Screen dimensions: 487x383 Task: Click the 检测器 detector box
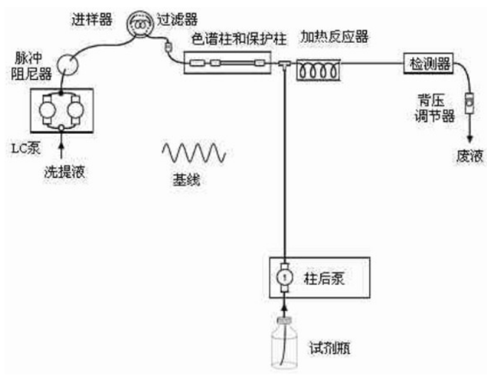[429, 64]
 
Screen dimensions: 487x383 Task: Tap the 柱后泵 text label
[324, 278]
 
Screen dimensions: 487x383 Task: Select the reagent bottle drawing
[284, 343]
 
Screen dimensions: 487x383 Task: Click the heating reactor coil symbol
[319, 70]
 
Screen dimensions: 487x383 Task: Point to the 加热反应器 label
[334, 37]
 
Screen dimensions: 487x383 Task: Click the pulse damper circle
[67, 64]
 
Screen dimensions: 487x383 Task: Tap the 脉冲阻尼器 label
[32, 66]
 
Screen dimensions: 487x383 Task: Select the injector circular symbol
[140, 23]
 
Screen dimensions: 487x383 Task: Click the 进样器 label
[92, 20]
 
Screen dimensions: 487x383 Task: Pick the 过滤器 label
[177, 19]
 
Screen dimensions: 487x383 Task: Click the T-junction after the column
[284, 64]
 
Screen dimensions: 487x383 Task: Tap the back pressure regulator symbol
[470, 103]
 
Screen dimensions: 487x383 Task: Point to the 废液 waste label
[470, 155]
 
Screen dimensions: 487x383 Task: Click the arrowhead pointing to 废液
[470, 138]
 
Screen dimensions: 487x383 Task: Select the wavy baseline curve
[194, 153]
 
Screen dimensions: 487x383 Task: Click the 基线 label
[186, 179]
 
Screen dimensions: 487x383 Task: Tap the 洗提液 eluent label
[64, 171]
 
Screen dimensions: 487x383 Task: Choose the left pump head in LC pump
[47, 110]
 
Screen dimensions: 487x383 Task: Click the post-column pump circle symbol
[284, 277]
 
